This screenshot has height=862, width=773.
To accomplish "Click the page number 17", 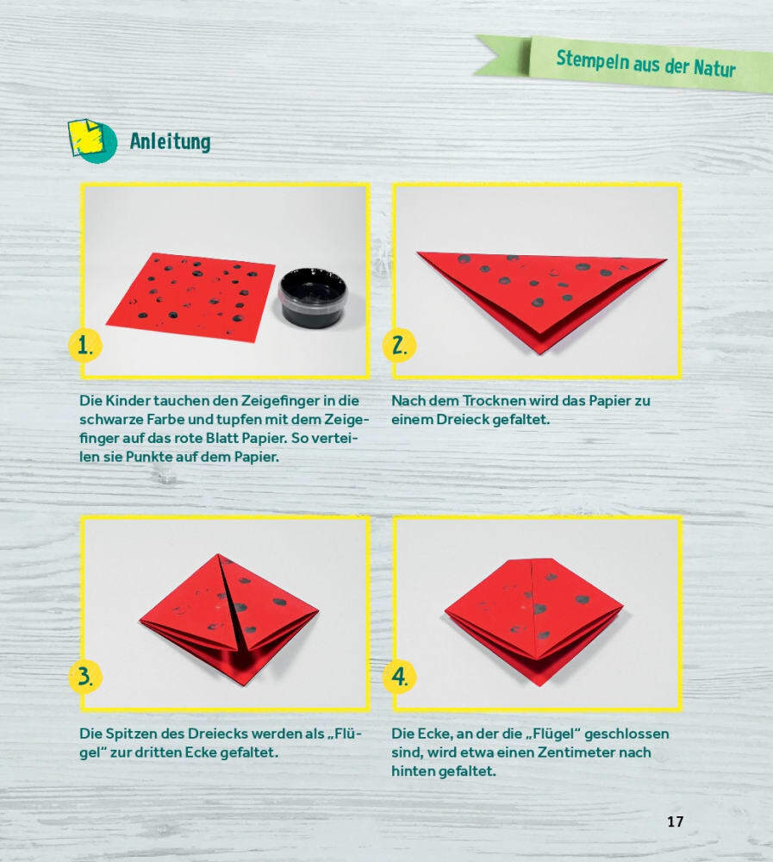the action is pos(675,821).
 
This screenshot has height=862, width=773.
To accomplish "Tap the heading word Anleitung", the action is pos(171,141).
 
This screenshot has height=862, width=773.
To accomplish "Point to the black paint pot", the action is pos(313,297).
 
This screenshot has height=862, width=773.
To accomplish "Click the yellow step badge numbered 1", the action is pos(84,346).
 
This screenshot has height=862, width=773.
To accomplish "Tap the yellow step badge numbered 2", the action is pos(399,346).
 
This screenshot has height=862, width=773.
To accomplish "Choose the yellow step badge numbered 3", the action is pos(84,676).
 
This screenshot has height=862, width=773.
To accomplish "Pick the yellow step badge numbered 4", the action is pos(399,676).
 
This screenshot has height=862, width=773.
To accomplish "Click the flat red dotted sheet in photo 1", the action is pos(190,295).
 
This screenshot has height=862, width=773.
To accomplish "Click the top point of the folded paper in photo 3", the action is pos(218,554).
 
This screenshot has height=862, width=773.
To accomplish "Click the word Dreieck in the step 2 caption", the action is pos(463,420).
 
